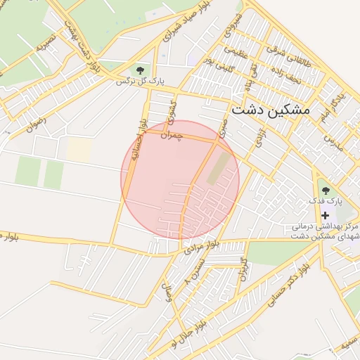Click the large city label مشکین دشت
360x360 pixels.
[271, 110]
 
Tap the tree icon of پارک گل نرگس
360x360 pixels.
[141, 70]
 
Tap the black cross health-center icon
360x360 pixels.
[325, 215]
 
